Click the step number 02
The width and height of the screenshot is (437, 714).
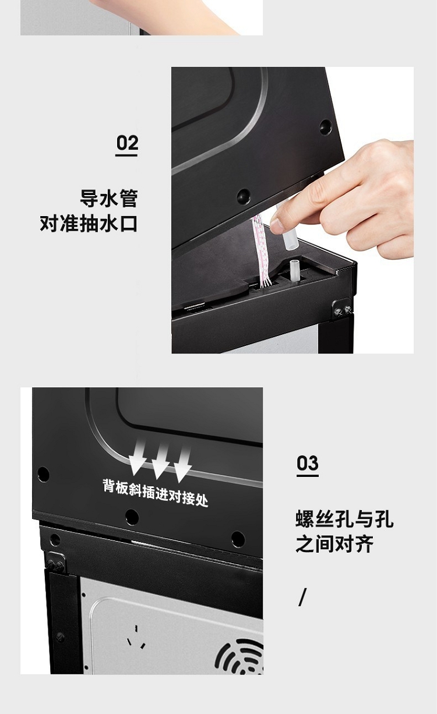127,143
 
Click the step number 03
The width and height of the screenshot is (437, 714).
308,463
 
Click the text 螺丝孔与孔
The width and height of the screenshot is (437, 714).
344,518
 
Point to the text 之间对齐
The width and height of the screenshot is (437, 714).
334,544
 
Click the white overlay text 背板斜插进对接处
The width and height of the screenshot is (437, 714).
156,493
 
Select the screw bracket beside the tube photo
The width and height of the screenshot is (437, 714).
342,308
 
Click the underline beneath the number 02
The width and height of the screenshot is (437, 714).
126,155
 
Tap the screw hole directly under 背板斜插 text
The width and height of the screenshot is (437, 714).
132,517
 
